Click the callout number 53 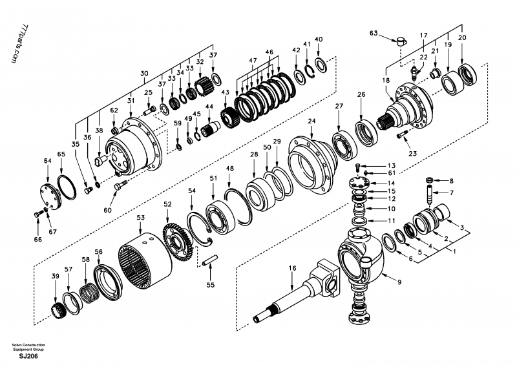point(141,218)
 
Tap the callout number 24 point(311,121)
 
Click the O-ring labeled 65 point(67,187)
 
